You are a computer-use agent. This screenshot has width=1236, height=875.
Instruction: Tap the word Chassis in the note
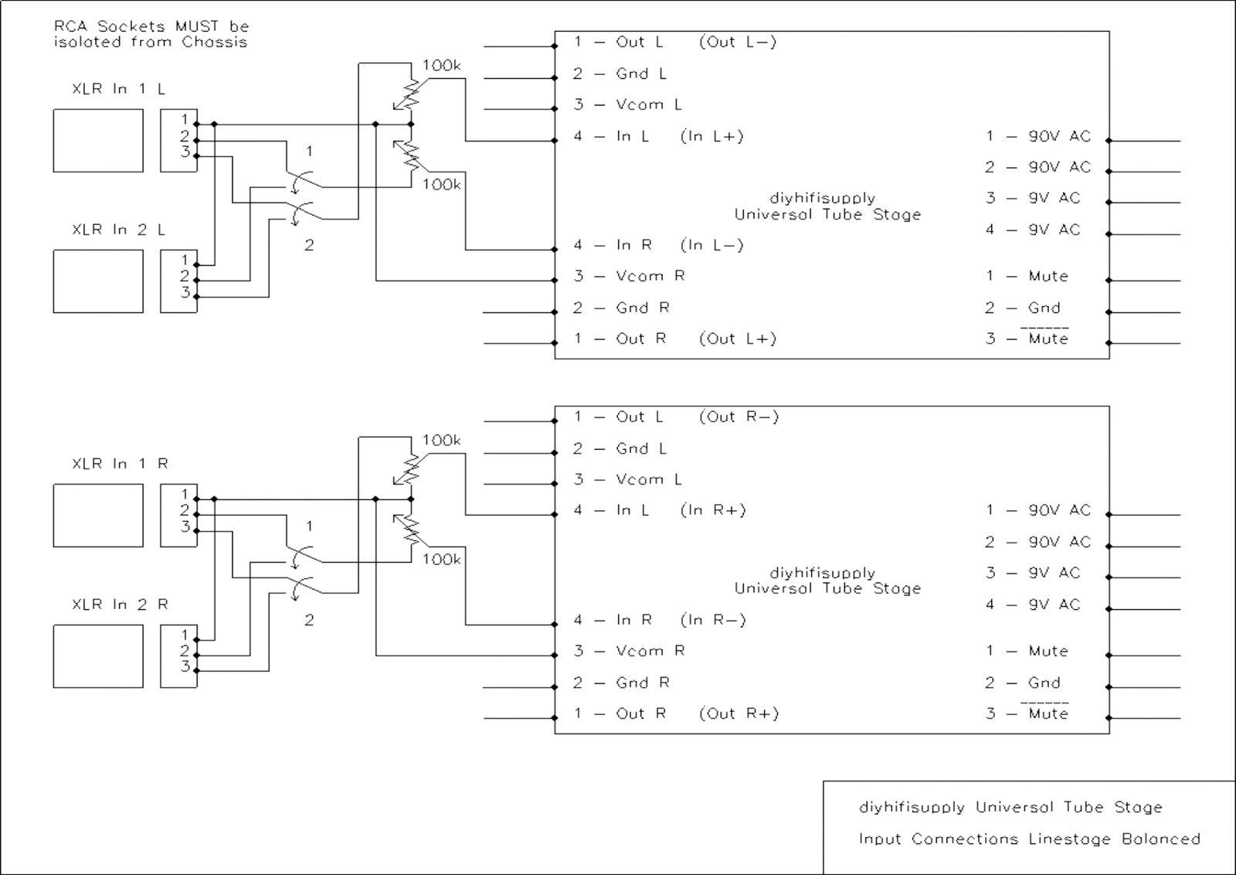[214, 43]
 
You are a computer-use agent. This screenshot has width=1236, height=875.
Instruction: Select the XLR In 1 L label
[118, 89]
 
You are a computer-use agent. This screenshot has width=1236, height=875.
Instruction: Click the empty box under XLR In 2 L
[98, 281]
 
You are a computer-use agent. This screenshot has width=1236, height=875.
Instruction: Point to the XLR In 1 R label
[120, 464]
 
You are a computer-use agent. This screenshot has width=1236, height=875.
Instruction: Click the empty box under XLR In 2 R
[98, 656]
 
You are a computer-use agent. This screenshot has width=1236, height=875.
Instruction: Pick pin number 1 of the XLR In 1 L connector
[185, 119]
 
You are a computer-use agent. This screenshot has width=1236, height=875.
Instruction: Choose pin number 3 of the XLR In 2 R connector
[185, 666]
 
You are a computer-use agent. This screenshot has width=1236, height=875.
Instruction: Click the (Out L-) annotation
[737, 43]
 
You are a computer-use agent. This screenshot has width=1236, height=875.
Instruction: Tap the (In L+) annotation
[711, 137]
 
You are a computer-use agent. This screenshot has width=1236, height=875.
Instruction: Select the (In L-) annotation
[711, 246]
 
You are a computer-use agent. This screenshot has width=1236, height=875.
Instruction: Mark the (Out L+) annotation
[737, 339]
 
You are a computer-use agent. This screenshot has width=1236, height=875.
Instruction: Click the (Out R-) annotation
[739, 417]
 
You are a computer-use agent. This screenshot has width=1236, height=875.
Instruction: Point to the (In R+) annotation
[712, 510]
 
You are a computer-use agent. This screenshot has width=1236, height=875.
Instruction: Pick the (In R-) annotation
[712, 620]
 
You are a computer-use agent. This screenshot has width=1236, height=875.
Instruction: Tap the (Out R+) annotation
[739, 713]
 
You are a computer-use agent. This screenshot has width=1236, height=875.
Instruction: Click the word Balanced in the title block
[1160, 839]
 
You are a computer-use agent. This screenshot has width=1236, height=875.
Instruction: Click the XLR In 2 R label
[120, 604]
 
